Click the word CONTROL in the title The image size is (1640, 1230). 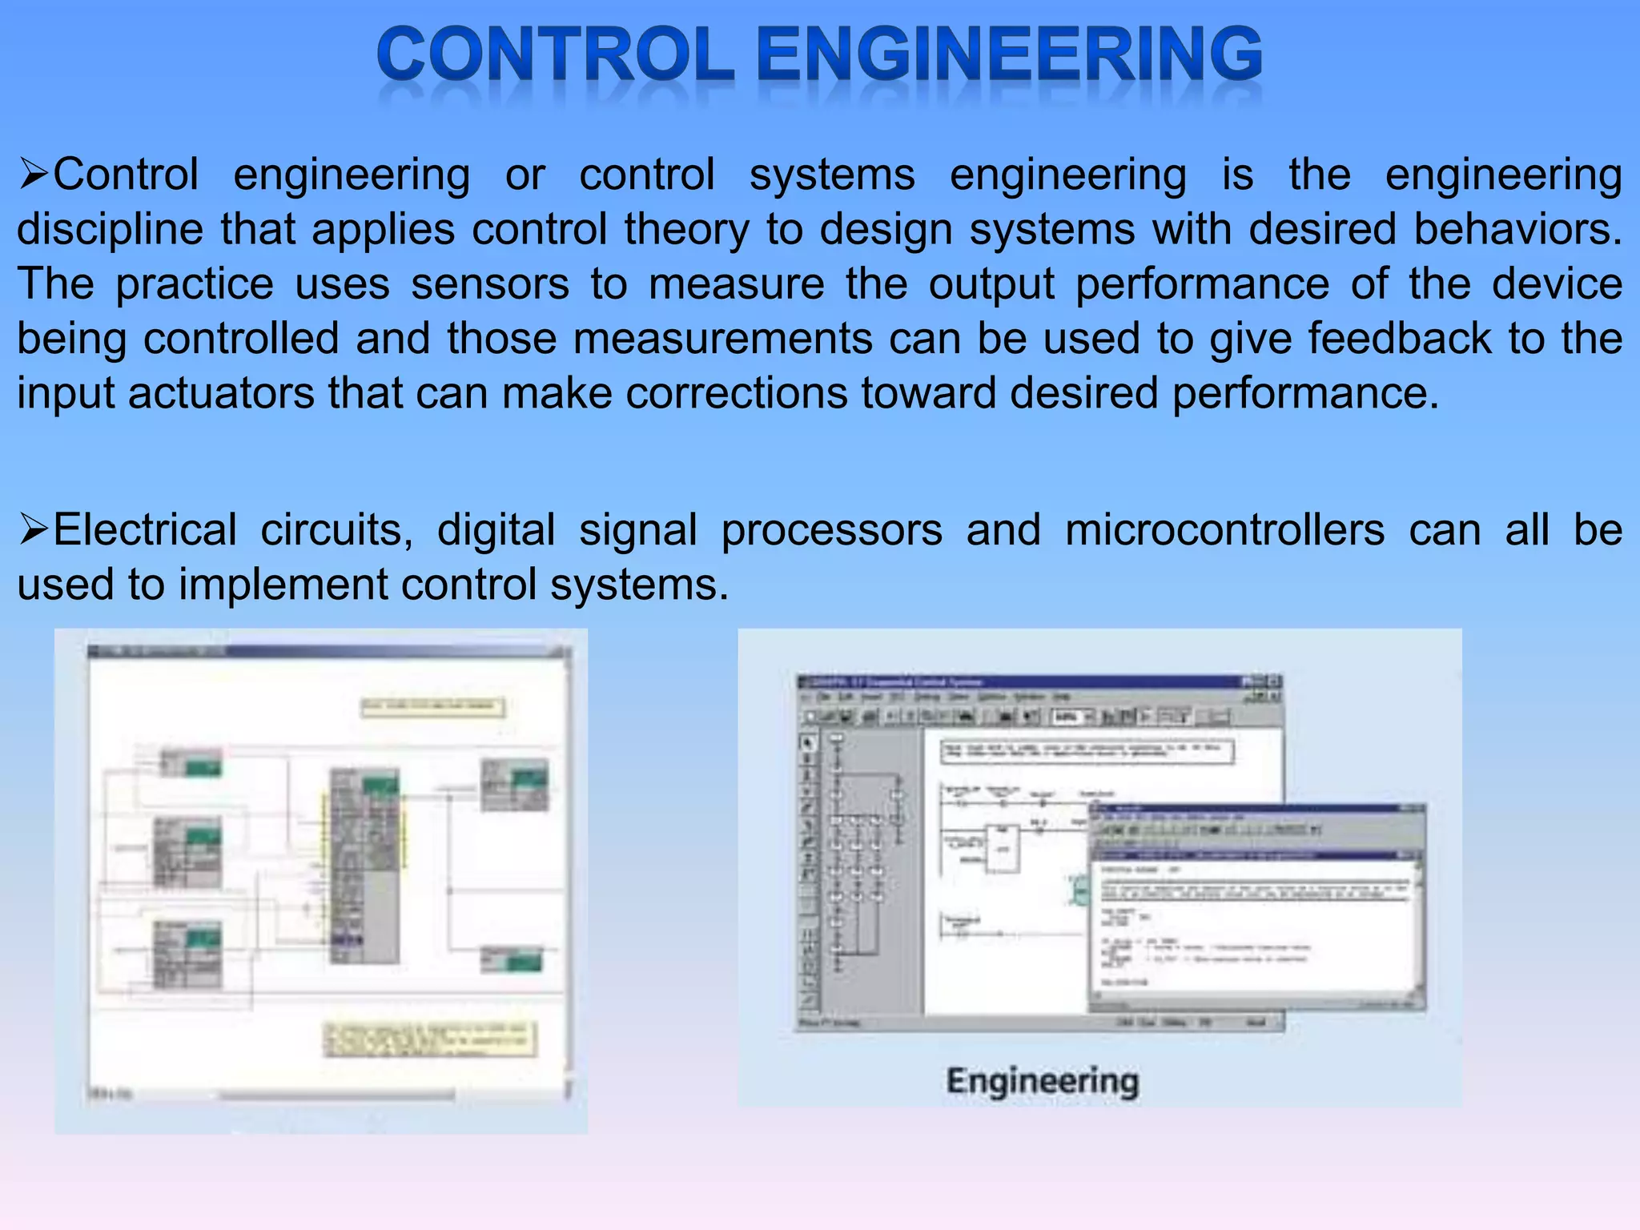click(555, 54)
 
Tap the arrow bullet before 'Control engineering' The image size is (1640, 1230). click(34, 175)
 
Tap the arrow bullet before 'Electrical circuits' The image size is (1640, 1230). click(34, 530)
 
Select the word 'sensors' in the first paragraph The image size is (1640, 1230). click(490, 284)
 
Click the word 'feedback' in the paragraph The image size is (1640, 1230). click(1400, 338)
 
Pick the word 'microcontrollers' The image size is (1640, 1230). click(1224, 530)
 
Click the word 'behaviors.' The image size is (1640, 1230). click(1517, 229)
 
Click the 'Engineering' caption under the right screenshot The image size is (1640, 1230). click(1042, 1081)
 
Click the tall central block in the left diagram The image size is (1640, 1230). click(365, 865)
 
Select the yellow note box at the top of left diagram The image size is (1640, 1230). click(432, 707)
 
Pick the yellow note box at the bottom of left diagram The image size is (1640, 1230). click(430, 1039)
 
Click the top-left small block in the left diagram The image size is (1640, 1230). click(191, 762)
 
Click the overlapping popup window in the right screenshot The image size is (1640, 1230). click(1257, 909)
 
